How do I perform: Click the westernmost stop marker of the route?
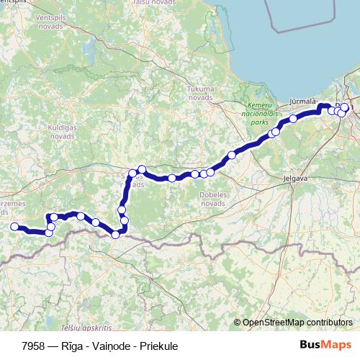click(x=14, y=227)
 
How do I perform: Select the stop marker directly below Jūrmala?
click(x=294, y=119)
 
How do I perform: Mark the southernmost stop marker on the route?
click(x=115, y=235)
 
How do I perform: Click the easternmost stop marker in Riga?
click(x=345, y=108)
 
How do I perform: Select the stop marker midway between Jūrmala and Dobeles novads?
click(x=232, y=155)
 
